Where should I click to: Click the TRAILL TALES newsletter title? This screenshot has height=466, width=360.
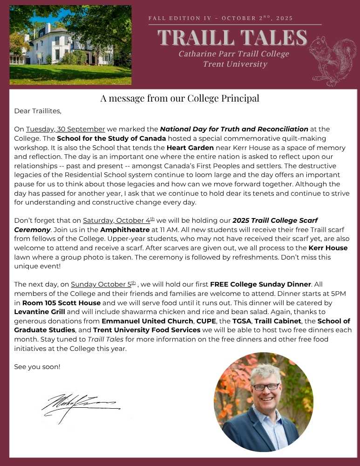coord(232,38)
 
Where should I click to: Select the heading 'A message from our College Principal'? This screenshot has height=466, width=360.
coord(180,98)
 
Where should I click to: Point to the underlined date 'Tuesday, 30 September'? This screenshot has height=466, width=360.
coord(66,129)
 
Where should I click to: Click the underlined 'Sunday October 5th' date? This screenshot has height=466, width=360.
coord(103,284)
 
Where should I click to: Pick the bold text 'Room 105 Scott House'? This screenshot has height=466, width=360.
coord(61,302)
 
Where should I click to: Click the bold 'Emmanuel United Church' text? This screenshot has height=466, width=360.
coord(147,321)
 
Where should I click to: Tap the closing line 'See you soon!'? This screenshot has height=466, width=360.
coord(37,367)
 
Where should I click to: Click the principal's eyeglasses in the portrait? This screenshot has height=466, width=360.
coord(266,386)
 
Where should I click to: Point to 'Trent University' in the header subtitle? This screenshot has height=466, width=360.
coord(235,64)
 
